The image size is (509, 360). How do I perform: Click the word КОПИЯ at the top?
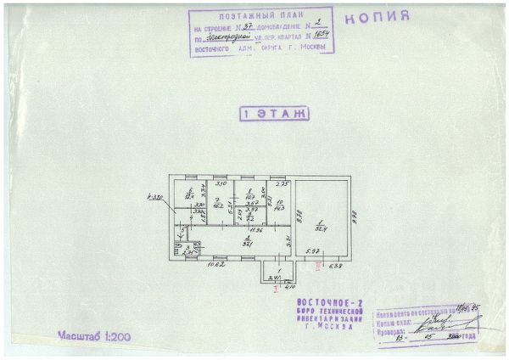379,15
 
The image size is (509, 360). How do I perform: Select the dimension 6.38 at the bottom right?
337,267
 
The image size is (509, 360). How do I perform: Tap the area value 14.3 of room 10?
279,207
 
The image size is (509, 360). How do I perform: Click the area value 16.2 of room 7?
218,205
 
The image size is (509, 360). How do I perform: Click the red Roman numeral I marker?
276,289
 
